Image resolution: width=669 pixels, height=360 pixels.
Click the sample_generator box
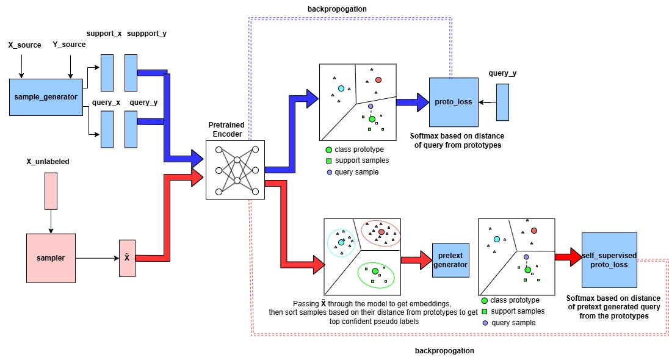[x=46, y=96]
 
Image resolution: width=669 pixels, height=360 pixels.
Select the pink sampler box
[x=51, y=258]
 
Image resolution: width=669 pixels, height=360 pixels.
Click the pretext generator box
[x=450, y=260]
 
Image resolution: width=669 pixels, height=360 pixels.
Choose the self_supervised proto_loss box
[x=609, y=260]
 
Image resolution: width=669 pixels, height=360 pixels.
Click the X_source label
[x=24, y=45]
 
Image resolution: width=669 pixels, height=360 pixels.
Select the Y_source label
[x=69, y=45]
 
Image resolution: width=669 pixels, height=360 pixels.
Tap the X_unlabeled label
[x=48, y=162]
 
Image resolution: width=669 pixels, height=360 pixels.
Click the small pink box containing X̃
[x=127, y=257]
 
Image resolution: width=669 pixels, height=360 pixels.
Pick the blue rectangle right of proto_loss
[x=502, y=102]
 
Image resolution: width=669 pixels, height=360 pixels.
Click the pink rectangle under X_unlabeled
[x=51, y=190]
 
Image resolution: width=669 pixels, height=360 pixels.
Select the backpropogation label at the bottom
[x=444, y=351]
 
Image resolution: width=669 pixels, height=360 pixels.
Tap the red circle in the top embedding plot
[x=378, y=80]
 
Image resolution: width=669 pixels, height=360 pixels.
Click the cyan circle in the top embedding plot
[x=341, y=88]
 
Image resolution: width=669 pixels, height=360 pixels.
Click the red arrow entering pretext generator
[x=415, y=260]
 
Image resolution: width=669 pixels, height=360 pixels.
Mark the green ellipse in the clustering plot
[x=376, y=276]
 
